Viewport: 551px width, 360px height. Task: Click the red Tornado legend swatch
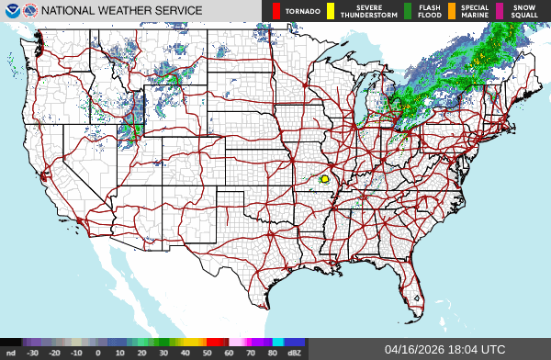coord(276,11)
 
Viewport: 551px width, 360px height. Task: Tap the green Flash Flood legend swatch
coord(408,11)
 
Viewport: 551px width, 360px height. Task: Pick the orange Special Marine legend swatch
coord(453,11)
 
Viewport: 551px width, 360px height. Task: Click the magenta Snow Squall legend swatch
coord(500,11)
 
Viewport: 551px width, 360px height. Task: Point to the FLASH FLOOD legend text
coord(430,11)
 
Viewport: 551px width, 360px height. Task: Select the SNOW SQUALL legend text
coord(525,11)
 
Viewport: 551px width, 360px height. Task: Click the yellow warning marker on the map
coord(326,179)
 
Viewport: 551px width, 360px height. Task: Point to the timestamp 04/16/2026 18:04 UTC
coord(445,350)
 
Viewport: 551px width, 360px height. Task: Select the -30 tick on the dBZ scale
coord(32,353)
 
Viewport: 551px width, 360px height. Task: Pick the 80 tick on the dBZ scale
coord(274,353)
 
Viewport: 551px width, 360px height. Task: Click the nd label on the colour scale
coord(10,353)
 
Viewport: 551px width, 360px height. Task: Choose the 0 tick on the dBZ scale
coord(98,353)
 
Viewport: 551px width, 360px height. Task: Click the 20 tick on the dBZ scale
coord(141,353)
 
